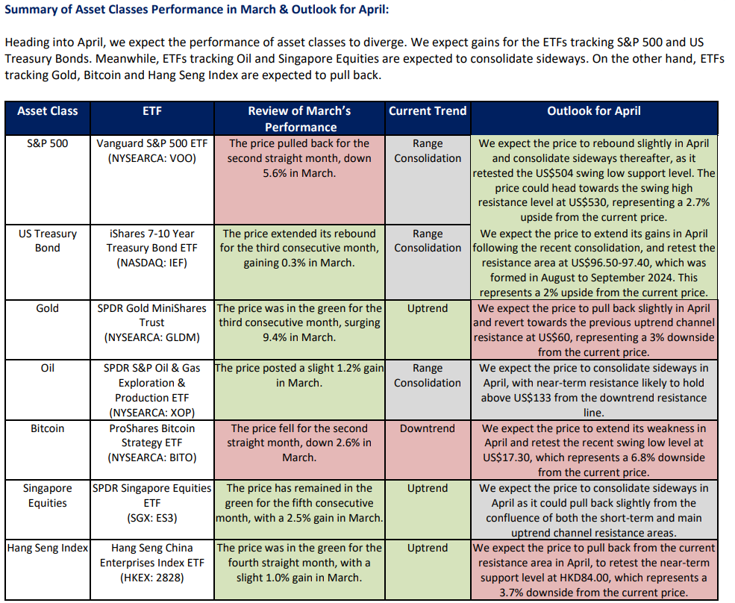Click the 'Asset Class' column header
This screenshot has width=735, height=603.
coord(48,111)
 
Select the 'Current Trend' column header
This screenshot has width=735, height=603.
coord(428,111)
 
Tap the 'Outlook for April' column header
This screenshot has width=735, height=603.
coord(594,111)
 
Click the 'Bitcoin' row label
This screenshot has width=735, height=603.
coord(48,428)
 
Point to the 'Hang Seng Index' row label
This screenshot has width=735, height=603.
coord(48,548)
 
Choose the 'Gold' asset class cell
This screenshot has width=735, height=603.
coord(48,308)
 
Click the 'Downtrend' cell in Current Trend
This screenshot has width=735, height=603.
coord(428,428)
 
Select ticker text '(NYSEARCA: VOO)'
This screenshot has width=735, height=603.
coord(151,158)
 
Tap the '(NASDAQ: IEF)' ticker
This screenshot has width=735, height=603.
coord(151,263)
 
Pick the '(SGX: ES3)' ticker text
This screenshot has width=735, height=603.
coord(151,518)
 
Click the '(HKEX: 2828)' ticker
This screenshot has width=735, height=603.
coord(151,578)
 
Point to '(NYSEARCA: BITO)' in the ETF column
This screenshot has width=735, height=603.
coord(151,457)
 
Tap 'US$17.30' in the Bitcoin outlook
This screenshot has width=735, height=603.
coord(510,457)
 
